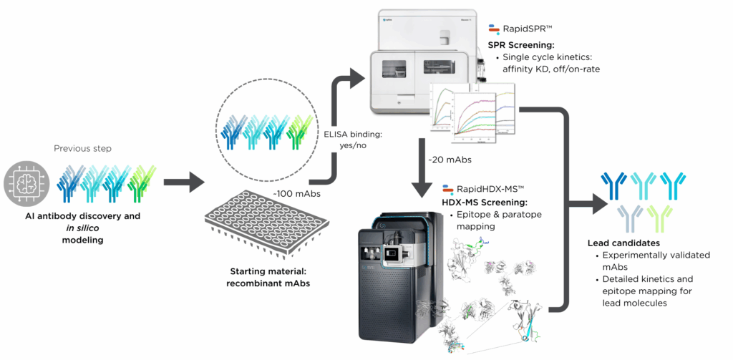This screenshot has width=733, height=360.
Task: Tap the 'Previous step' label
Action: (82, 149)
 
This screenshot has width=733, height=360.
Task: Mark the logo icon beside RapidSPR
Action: (494, 29)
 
